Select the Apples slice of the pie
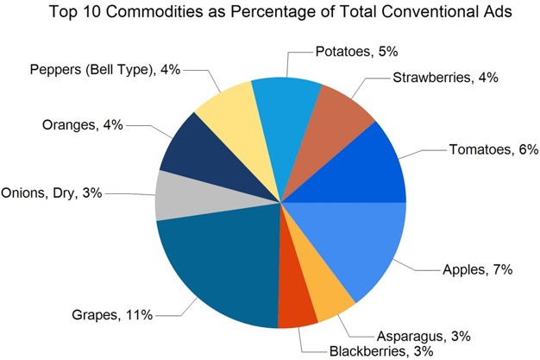(x=354, y=246)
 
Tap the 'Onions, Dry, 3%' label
(x=52, y=193)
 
